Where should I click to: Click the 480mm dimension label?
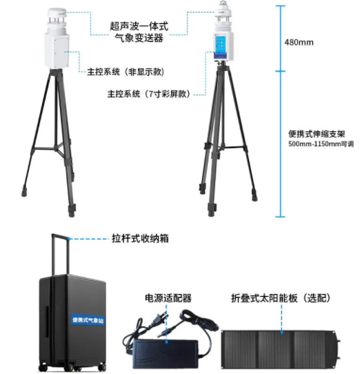click(299, 43)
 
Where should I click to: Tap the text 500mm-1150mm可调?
click(321, 144)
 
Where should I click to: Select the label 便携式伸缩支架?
click(317, 134)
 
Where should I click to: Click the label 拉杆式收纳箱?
click(140, 238)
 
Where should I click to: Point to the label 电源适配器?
click(168, 298)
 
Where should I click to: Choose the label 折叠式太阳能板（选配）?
click(281, 298)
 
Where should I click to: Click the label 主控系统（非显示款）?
click(126, 72)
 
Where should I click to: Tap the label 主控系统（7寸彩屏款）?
click(149, 94)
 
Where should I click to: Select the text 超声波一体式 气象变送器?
click(139, 32)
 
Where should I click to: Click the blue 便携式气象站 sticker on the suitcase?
click(88, 319)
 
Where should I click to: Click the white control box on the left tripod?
click(57, 50)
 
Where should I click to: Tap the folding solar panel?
click(280, 349)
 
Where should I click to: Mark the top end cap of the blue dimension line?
click(281, 6)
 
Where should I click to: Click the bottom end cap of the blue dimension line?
click(281, 217)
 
